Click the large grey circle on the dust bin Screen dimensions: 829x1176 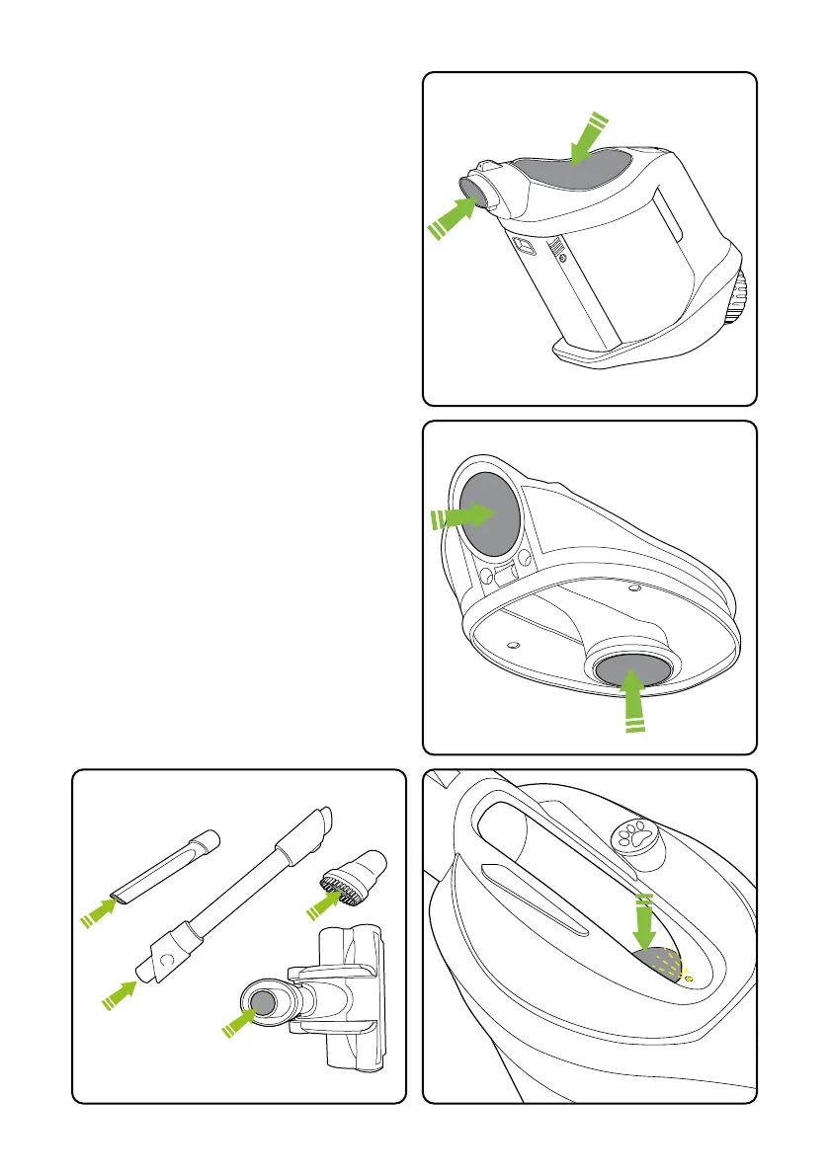[x=490, y=513]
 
